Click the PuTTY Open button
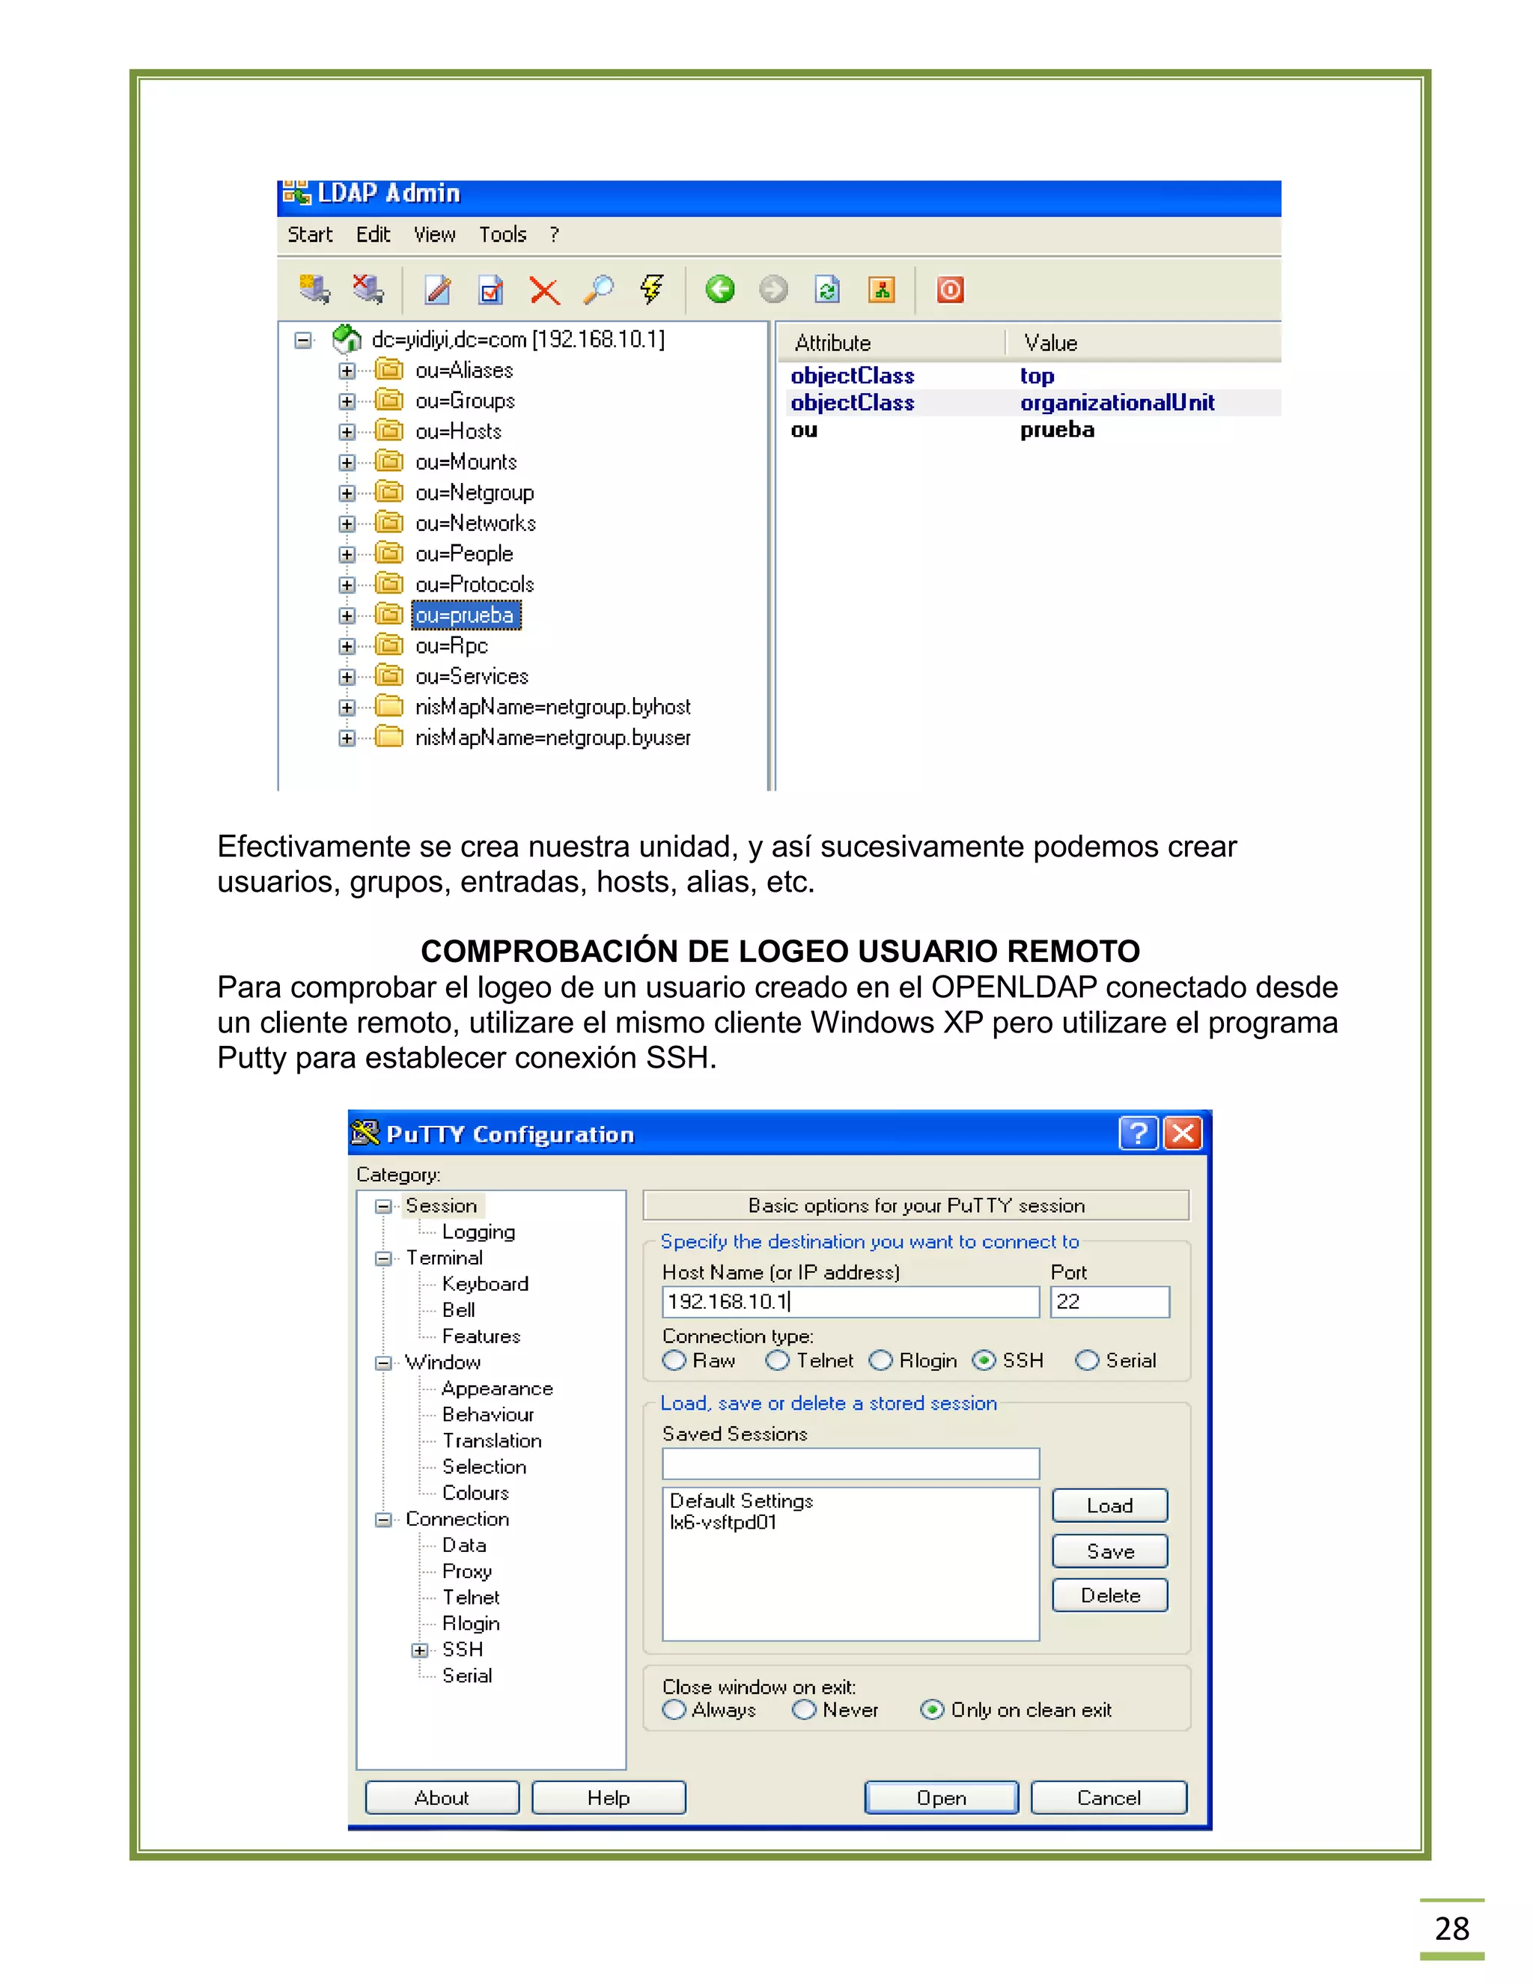pyautogui.click(x=941, y=1797)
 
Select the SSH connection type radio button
pyautogui.click(x=984, y=1360)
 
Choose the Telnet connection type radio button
pyautogui.click(x=778, y=1360)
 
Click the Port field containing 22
pyautogui.click(x=1109, y=1302)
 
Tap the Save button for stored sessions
pyautogui.click(x=1109, y=1551)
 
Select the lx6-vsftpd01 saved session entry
pyautogui.click(x=723, y=1523)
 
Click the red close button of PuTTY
pyautogui.click(x=1183, y=1133)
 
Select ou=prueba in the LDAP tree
pyautogui.click(x=465, y=615)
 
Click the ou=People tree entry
pyautogui.click(x=464, y=554)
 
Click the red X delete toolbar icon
pyautogui.click(x=544, y=290)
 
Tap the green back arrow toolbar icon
pyautogui.click(x=720, y=290)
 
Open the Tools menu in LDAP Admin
pyautogui.click(x=502, y=234)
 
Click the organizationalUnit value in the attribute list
pyautogui.click(x=1116, y=403)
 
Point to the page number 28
pyautogui.click(x=1451, y=1928)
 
